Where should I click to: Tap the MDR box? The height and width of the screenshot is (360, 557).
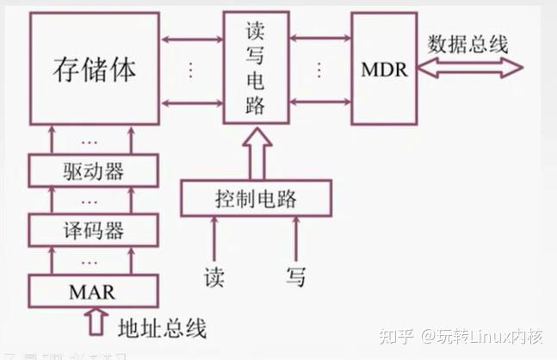383,69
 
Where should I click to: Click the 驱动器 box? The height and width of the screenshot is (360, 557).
93,171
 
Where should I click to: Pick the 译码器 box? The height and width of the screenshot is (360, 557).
93,230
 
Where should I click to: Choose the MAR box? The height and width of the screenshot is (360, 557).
92,291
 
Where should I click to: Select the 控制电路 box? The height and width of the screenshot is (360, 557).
255,198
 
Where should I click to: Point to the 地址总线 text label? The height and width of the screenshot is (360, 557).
161,328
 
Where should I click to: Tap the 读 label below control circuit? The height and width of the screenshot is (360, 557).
214,276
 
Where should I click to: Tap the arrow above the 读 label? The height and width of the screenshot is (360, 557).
214,239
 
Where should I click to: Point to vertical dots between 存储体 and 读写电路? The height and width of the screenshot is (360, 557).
191,70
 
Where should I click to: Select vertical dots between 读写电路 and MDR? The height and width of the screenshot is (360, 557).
320,70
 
